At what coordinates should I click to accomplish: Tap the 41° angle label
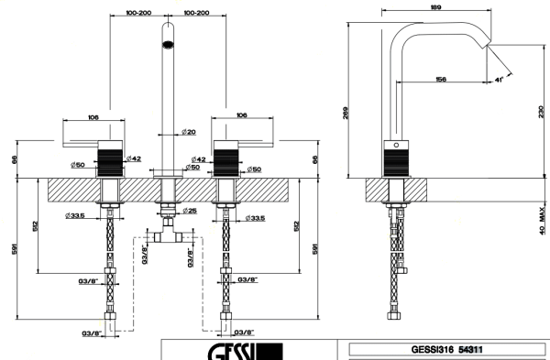click(500, 82)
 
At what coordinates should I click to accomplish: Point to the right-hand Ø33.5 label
click(259, 217)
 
